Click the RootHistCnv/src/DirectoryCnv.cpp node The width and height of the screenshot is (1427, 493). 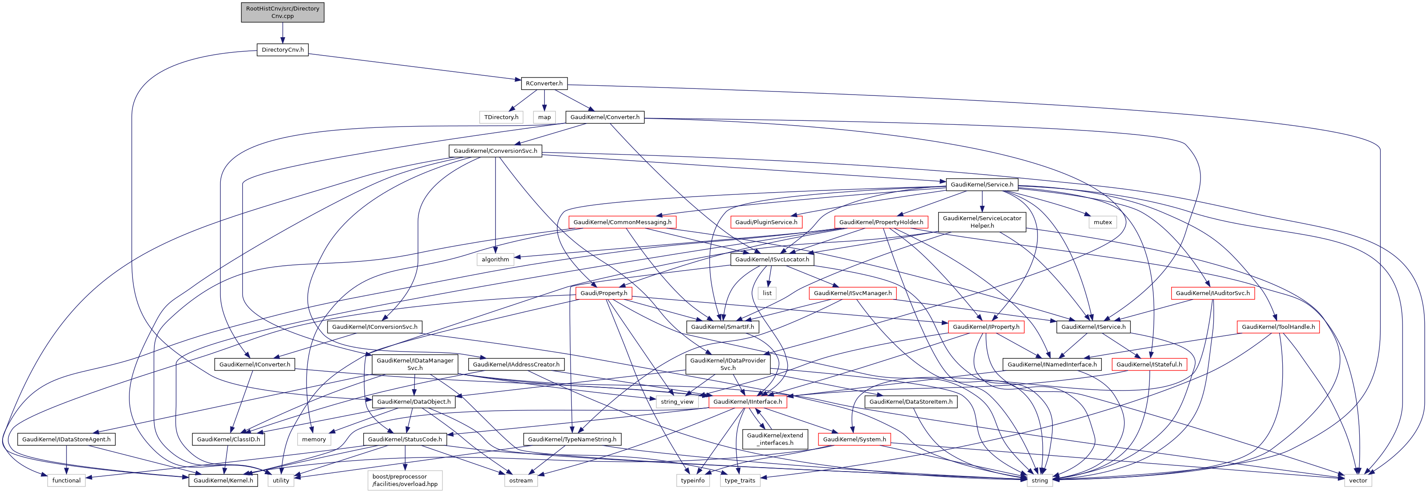(282, 12)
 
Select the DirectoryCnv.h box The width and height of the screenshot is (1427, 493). (282, 50)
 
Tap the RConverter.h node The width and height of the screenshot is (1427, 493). (544, 84)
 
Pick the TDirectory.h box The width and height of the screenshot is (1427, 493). (501, 117)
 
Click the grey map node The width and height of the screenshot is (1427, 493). (545, 117)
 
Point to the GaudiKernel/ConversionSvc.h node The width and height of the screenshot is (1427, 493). (495, 151)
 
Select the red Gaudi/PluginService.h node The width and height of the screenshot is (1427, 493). (766, 222)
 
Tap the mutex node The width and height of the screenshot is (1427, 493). (1102, 222)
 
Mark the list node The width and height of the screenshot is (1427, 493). (767, 293)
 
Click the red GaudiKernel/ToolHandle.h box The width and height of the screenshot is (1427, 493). (1278, 327)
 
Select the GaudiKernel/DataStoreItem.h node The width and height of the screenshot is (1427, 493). (911, 402)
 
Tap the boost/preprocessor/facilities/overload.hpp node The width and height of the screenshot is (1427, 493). (405, 480)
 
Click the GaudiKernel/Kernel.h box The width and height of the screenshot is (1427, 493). (223, 481)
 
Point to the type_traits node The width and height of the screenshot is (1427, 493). (740, 481)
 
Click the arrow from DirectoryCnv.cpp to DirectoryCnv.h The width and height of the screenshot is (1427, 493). (282, 33)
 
